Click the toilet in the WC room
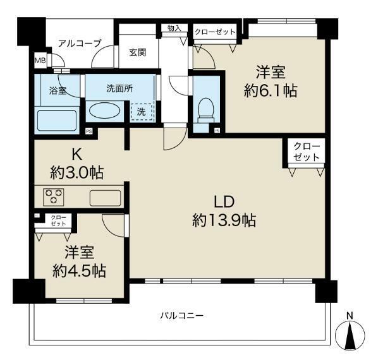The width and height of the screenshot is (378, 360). click(x=205, y=111)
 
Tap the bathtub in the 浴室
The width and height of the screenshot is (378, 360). click(x=56, y=120)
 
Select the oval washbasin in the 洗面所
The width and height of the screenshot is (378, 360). click(x=105, y=111)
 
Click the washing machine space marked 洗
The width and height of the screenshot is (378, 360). click(x=142, y=112)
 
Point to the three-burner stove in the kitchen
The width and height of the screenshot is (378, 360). click(x=54, y=197)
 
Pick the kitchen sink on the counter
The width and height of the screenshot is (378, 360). click(x=106, y=198)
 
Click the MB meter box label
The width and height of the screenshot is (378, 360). click(x=40, y=60)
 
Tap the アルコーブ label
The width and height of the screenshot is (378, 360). click(x=80, y=44)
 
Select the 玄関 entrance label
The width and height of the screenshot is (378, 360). click(x=138, y=52)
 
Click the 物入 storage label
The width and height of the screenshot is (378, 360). click(x=174, y=28)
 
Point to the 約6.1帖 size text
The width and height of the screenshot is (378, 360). click(x=271, y=91)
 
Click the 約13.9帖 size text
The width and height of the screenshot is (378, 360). click(x=224, y=220)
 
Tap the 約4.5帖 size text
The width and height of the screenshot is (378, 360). click(x=79, y=271)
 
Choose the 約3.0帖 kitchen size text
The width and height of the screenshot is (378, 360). click(x=77, y=172)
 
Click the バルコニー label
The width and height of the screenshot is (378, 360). click(x=182, y=315)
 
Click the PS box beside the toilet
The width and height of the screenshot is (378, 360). click(x=217, y=131)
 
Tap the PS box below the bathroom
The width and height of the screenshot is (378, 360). click(x=89, y=131)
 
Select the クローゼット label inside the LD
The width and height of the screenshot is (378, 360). click(x=307, y=152)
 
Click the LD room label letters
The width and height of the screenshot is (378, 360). click(x=224, y=202)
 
